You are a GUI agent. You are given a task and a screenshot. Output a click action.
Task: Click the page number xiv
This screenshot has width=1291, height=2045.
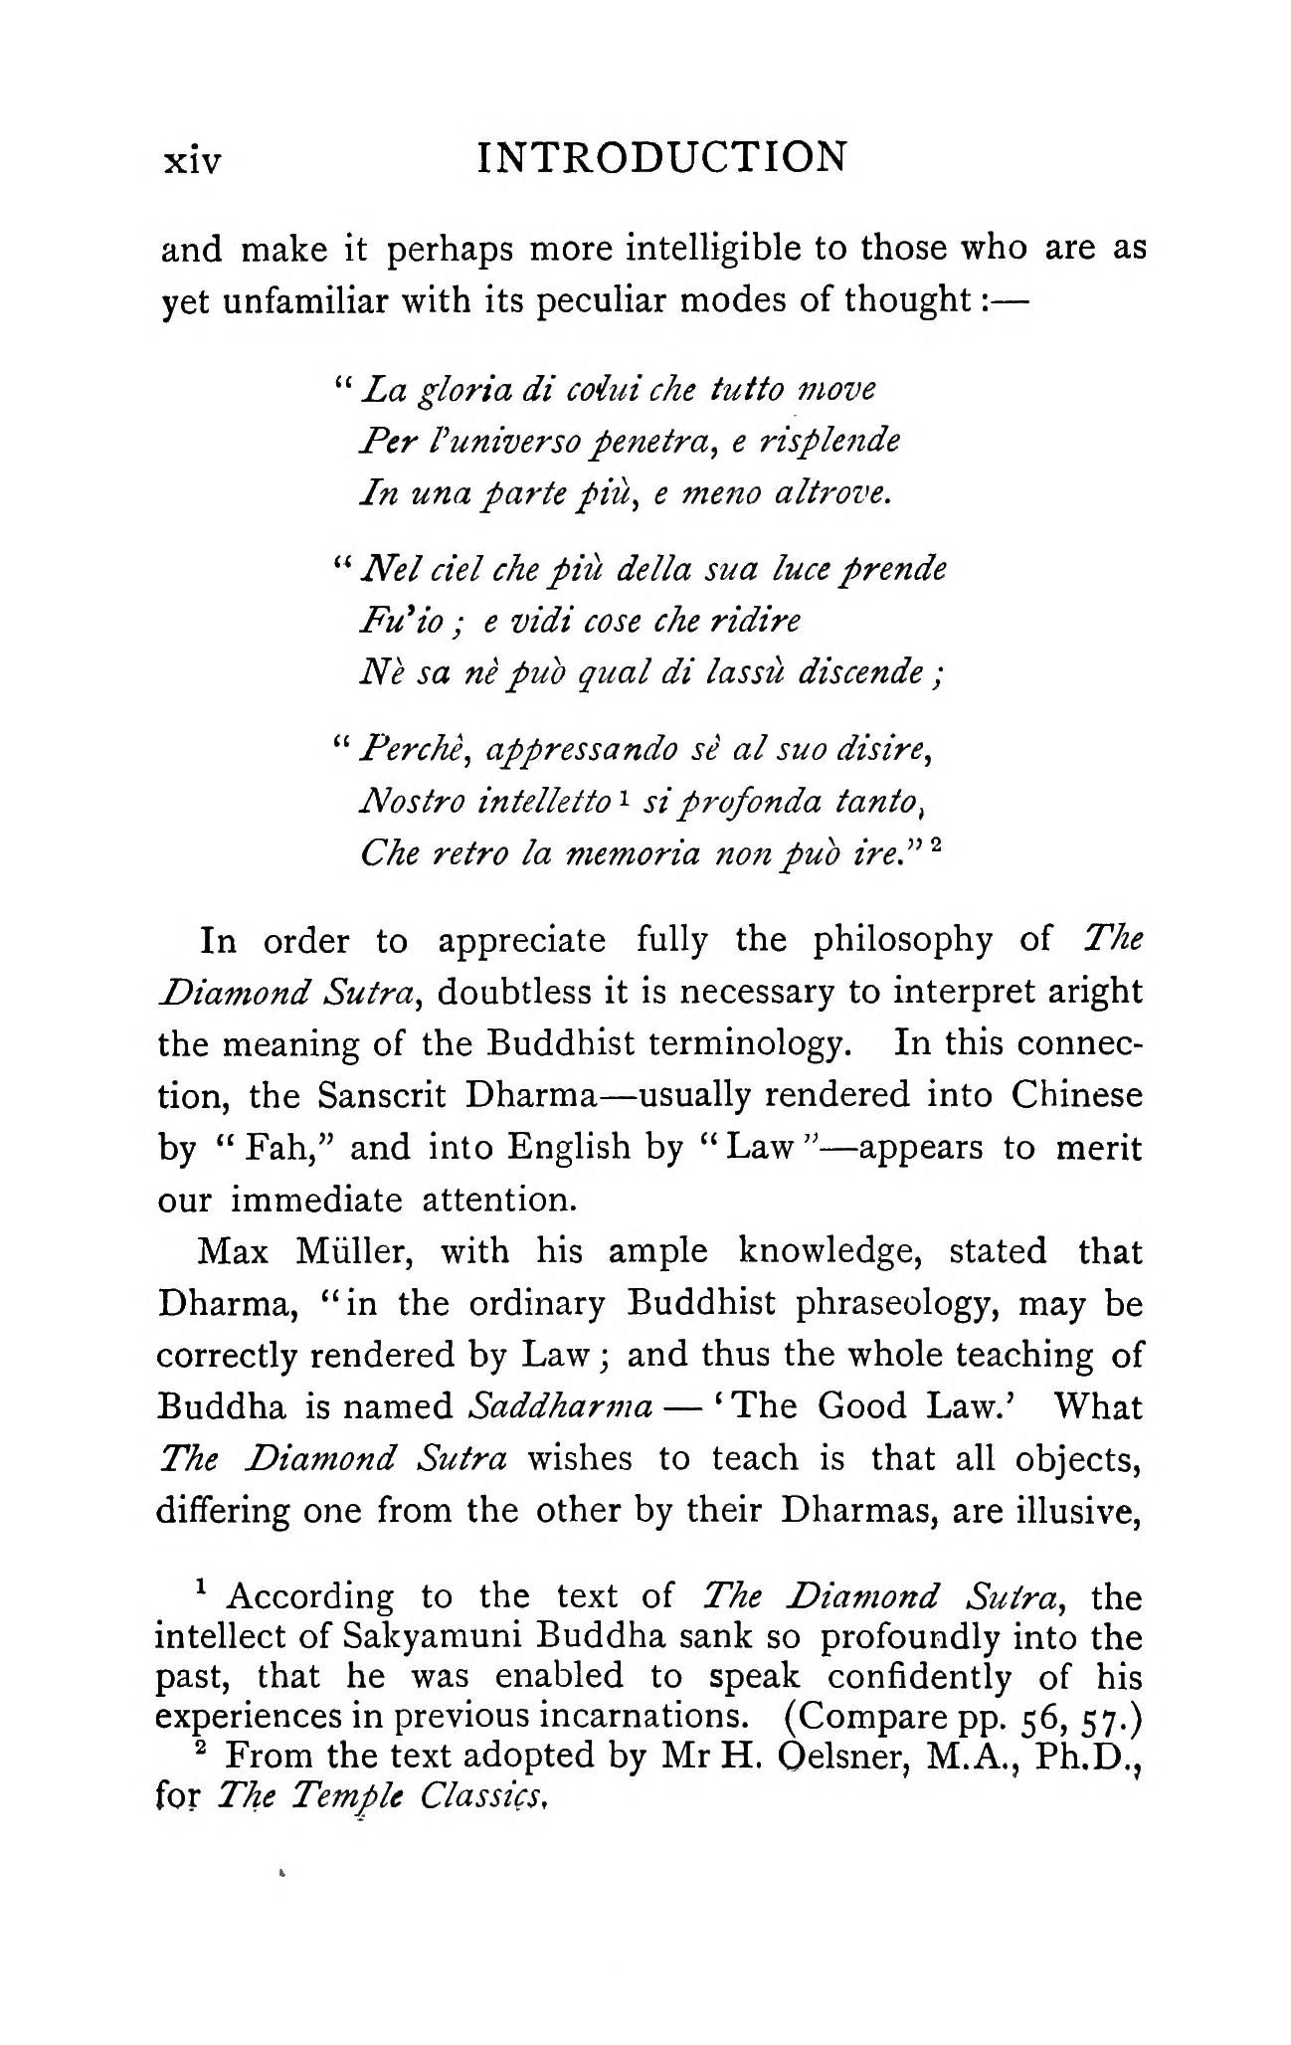(x=192, y=161)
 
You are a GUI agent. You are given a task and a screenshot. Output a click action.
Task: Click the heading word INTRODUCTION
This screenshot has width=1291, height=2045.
(x=662, y=158)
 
